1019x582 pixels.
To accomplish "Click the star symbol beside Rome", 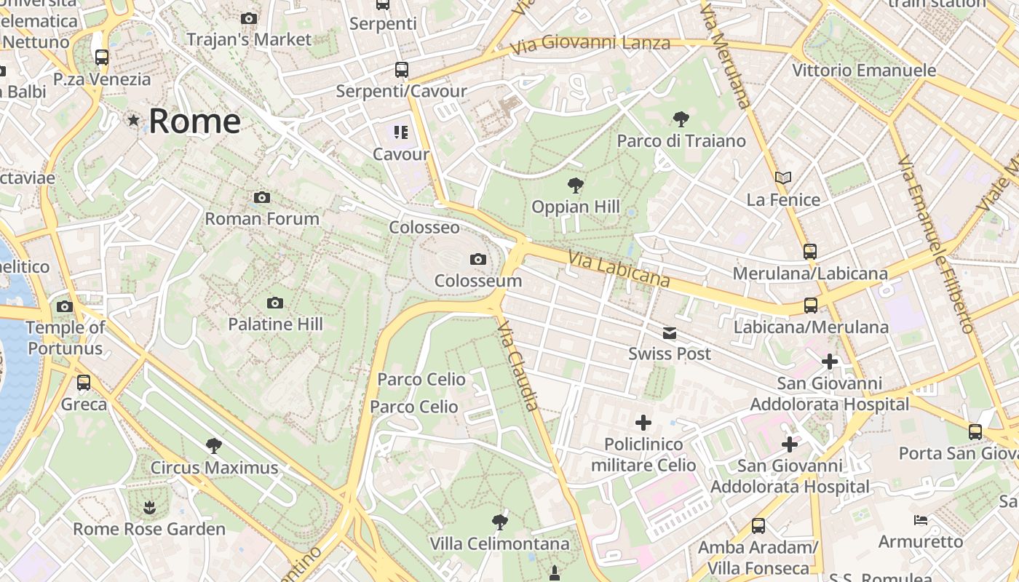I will (133, 120).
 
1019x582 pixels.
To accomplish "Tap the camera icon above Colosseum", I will (478, 259).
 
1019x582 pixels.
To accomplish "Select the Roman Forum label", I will (262, 218).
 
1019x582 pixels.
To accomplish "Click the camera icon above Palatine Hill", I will (275, 303).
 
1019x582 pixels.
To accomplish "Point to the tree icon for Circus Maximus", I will (214, 445).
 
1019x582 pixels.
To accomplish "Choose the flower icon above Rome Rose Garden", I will (149, 507).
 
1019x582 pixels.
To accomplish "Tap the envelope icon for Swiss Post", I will (670, 333).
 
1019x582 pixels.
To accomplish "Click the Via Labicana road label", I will (619, 269).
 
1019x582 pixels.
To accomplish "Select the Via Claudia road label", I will (519, 367).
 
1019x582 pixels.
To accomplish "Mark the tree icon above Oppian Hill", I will (576, 185).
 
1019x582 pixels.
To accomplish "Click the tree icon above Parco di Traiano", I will (681, 119).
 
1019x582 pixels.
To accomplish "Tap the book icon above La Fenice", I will (783, 178).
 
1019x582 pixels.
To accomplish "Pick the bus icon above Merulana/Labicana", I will (810, 252).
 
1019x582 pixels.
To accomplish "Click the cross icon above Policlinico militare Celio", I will (643, 422).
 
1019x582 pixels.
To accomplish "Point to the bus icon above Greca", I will (84, 382).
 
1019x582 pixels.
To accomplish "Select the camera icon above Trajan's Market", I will (249, 18).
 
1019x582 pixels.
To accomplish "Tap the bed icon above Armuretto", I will (921, 519).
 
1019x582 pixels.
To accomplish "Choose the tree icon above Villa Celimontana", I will (499, 521).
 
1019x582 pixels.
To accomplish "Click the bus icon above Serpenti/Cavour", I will (402, 70).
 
